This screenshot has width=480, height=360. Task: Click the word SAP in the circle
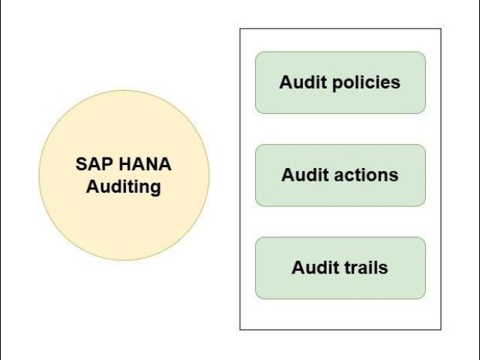pyautogui.click(x=93, y=164)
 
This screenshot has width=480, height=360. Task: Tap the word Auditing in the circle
pyautogui.click(x=123, y=186)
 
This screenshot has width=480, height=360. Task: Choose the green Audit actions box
pyautogui.click(x=340, y=194)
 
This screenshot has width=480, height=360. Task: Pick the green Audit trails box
pyautogui.click(x=340, y=286)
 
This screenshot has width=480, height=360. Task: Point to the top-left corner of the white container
pyautogui.click(x=240, y=28)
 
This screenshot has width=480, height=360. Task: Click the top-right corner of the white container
pyautogui.click(x=441, y=28)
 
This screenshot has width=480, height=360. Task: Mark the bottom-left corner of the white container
pyautogui.click(x=240, y=329)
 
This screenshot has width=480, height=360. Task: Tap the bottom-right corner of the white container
pyautogui.click(x=441, y=329)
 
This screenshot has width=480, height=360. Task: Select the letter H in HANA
pyautogui.click(x=124, y=164)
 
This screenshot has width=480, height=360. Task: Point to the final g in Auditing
pyautogui.click(x=155, y=187)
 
